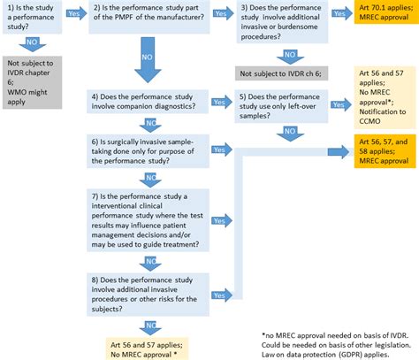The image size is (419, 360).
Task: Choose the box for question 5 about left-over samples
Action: click(280, 107)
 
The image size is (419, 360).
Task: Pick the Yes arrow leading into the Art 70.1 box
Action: click(339, 15)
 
